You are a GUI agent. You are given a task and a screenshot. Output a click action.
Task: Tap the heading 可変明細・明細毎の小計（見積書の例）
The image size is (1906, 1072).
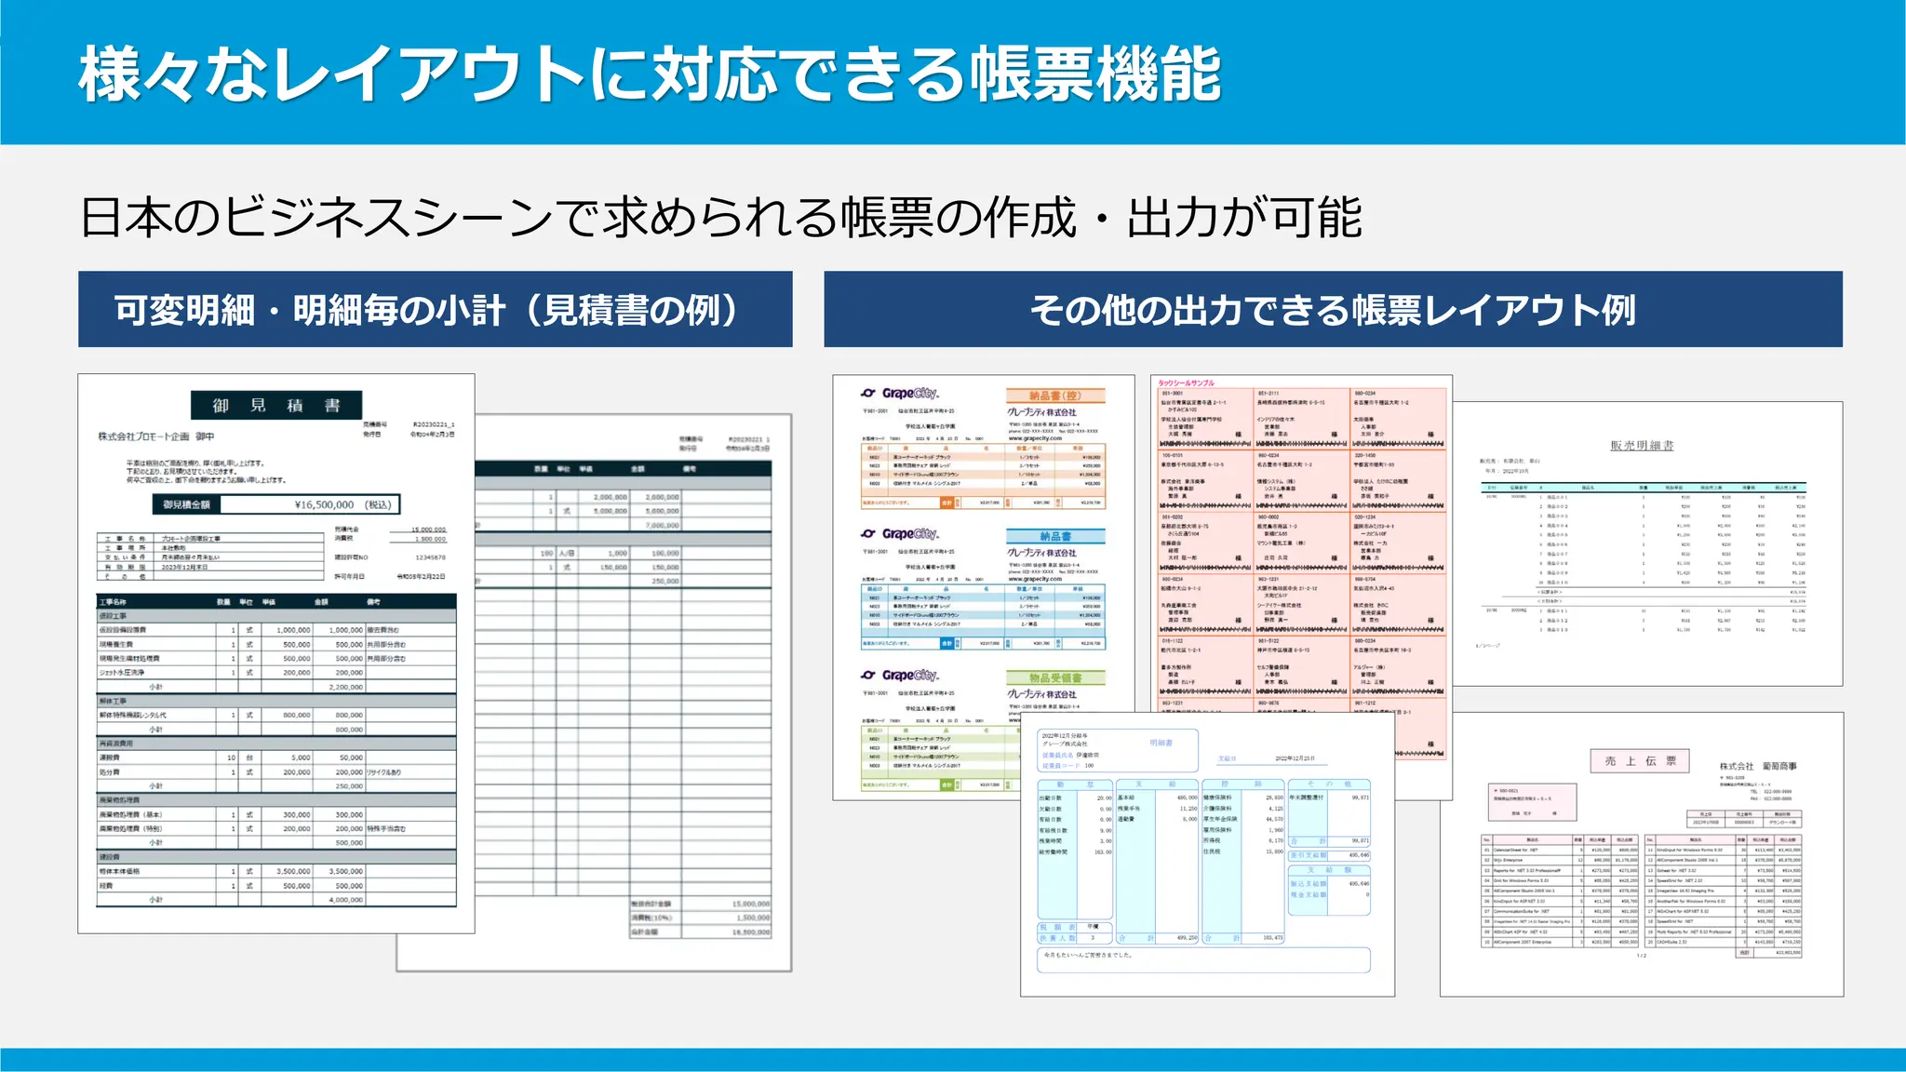pyautogui.click(x=435, y=310)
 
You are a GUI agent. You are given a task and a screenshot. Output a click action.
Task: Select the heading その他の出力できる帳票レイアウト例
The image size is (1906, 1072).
pyautogui.click(x=1332, y=310)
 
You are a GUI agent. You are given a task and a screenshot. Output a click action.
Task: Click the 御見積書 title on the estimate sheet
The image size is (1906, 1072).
pyautogui.click(x=276, y=405)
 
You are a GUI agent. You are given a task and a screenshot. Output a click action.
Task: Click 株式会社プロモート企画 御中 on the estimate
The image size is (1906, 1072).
pyautogui.click(x=155, y=435)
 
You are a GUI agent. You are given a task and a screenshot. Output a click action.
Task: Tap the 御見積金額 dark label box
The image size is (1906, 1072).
pyautogui.click(x=186, y=504)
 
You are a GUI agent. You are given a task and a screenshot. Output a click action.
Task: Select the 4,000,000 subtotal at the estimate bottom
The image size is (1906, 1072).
pyautogui.click(x=345, y=900)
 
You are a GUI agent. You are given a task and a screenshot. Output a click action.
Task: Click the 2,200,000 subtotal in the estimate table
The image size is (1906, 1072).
pyautogui.click(x=345, y=687)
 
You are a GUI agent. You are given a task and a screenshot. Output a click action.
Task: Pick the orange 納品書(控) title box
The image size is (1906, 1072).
pyautogui.click(x=1054, y=395)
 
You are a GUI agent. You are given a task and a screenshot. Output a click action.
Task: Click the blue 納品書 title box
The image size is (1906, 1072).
pyautogui.click(x=1054, y=536)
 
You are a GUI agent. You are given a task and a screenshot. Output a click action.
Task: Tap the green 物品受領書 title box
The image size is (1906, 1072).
pyautogui.click(x=1054, y=677)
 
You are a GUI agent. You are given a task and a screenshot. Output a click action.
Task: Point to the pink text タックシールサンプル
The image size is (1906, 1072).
pyautogui.click(x=1186, y=383)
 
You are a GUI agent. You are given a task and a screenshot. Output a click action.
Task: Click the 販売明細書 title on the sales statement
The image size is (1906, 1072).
pyautogui.click(x=1642, y=446)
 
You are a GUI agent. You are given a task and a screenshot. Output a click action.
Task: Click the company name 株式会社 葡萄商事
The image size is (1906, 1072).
pyautogui.click(x=1758, y=766)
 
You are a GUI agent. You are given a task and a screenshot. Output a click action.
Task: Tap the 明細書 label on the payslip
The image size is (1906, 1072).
pyautogui.click(x=1161, y=743)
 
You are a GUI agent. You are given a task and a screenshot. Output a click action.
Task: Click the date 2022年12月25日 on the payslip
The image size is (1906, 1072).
pyautogui.click(x=1295, y=758)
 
